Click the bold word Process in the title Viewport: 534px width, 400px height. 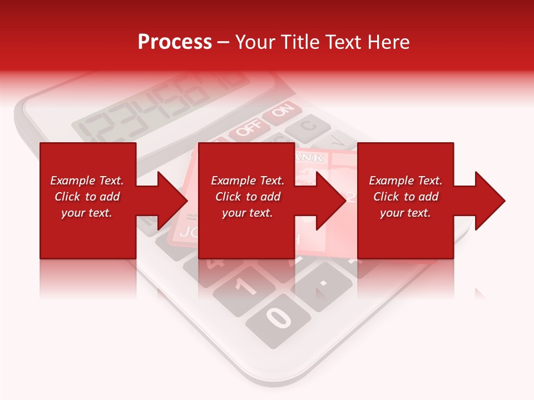tap(175, 42)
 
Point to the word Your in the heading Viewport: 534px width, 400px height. tap(254, 42)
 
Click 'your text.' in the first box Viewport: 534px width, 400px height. tap(87, 213)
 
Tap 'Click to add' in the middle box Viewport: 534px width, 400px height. tap(248, 197)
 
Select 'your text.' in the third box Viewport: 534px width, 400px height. tap(406, 213)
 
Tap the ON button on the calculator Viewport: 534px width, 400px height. tap(282, 111)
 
